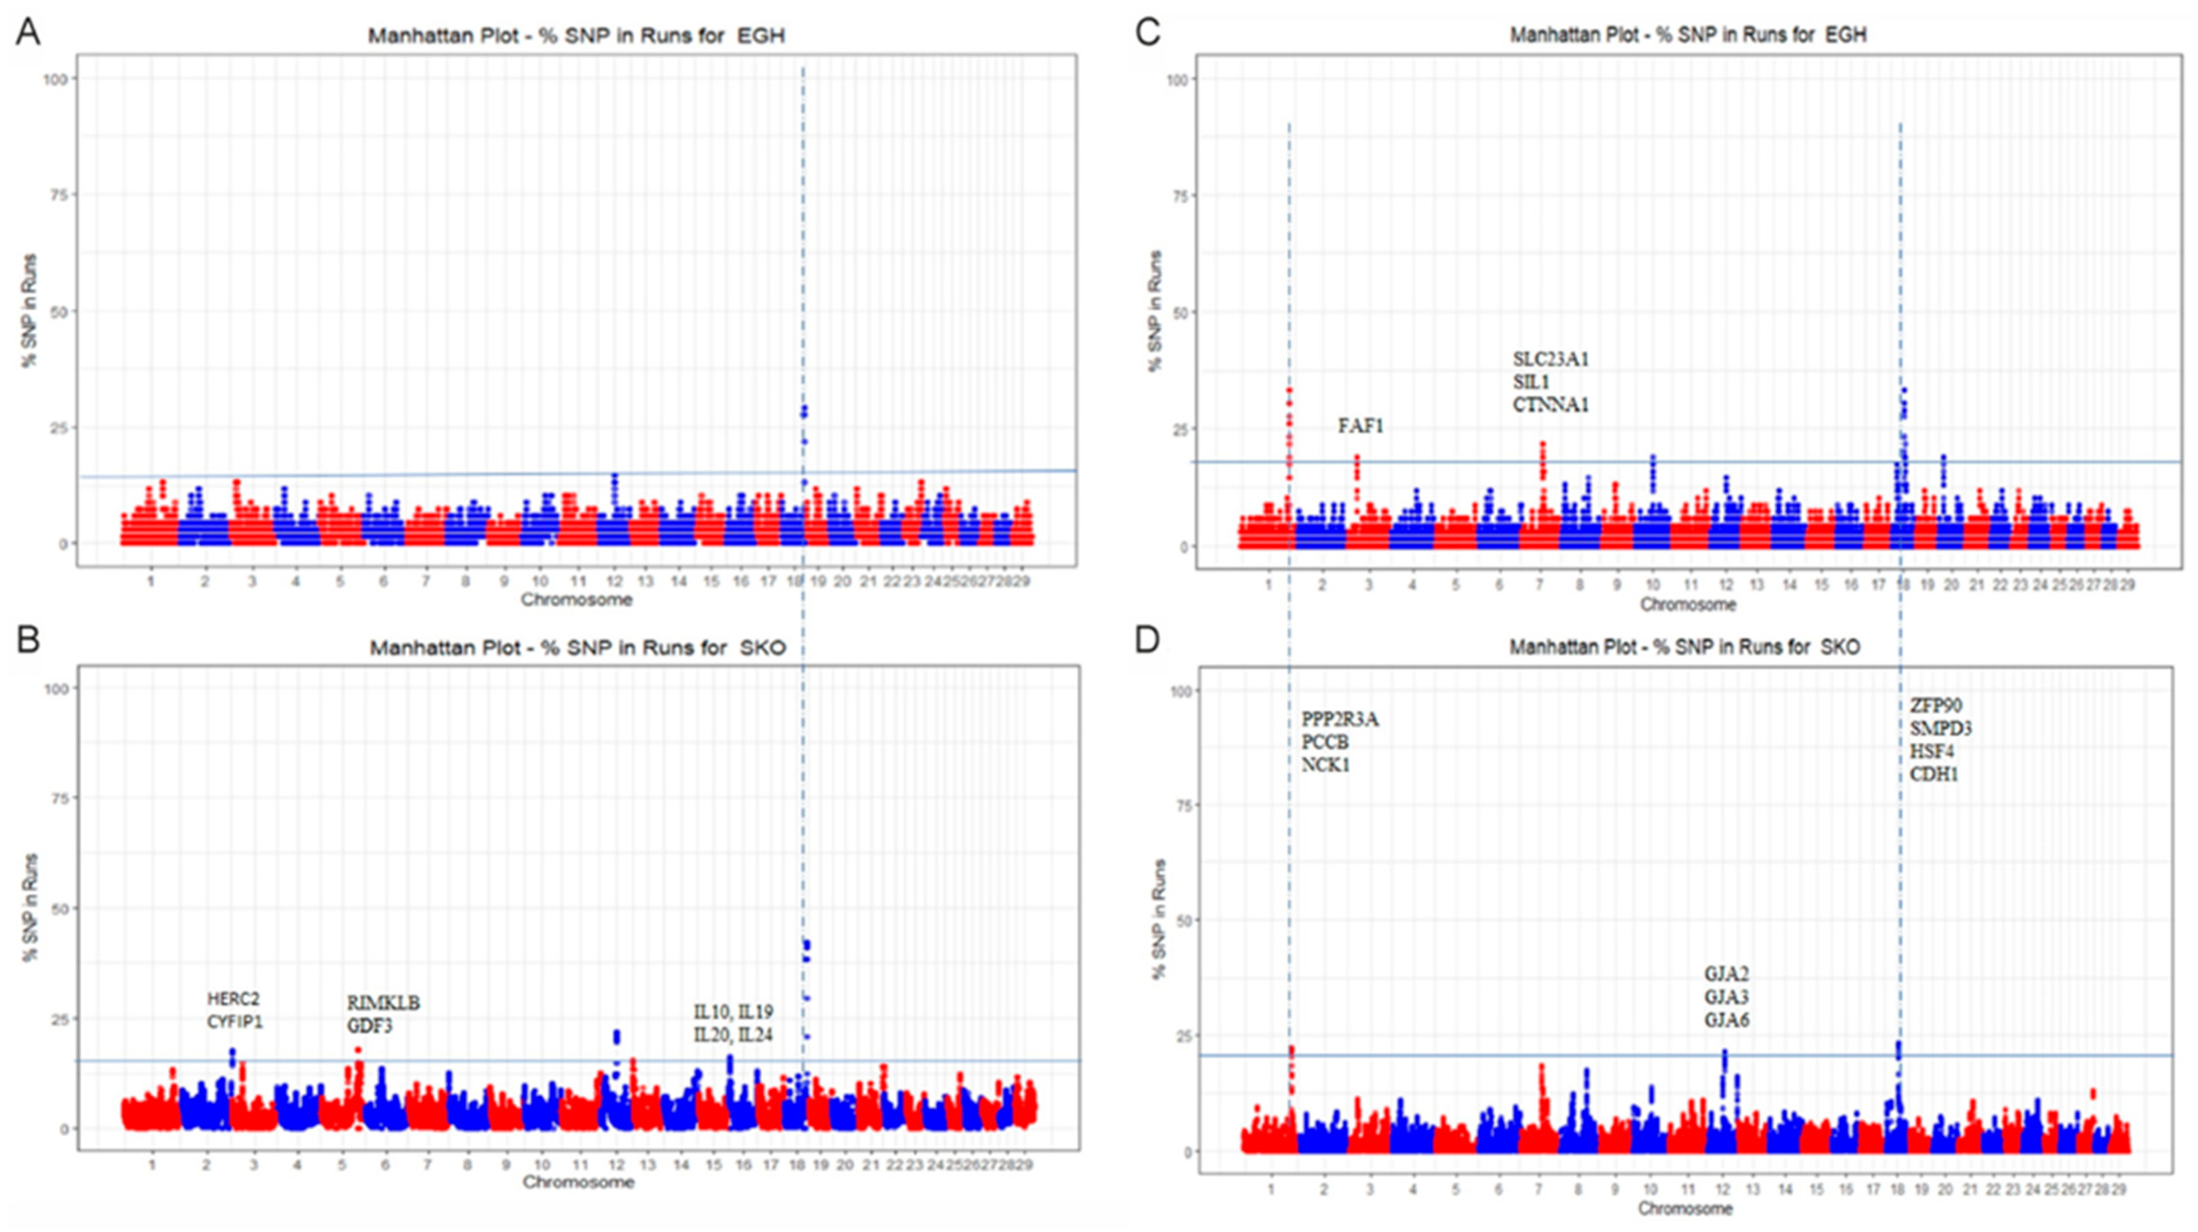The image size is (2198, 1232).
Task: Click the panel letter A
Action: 28,32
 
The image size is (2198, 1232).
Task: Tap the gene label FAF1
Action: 1360,426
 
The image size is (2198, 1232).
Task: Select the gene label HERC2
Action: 233,998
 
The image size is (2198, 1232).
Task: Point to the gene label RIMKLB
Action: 383,1003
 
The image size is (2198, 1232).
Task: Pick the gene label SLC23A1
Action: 1550,359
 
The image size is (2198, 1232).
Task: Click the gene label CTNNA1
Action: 1550,405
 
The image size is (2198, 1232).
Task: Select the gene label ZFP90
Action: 1935,705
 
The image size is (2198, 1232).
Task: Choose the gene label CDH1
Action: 1933,775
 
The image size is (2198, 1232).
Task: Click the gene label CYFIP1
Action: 235,1021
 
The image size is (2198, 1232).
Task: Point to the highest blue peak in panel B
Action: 806,945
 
